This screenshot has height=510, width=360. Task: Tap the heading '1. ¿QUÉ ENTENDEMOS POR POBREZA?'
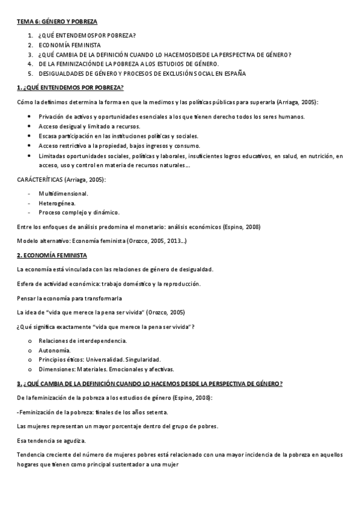pos(70,88)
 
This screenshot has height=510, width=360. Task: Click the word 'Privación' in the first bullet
pos(50,117)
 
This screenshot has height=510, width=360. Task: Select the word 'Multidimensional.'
pos(63,194)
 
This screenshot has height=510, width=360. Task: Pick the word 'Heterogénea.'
pos(57,203)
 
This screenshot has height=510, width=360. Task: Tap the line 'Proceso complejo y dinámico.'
pos(79,212)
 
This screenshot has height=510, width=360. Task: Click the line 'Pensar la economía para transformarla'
pos(70,298)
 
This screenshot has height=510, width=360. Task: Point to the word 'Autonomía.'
pos(54,350)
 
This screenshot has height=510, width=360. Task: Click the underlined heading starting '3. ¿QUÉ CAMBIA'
pos(150,384)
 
